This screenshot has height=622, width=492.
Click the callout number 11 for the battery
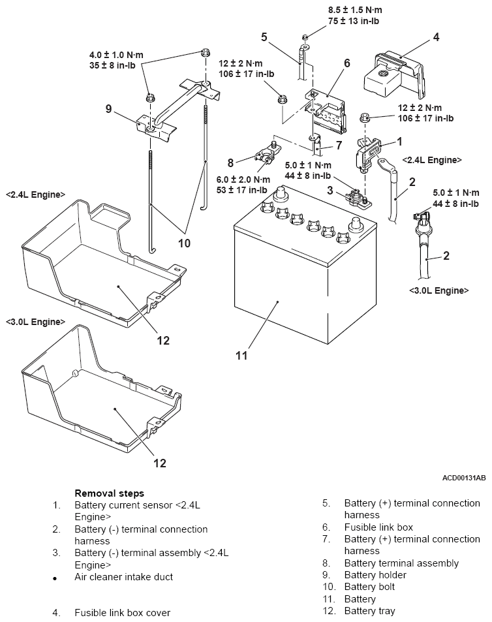[x=241, y=356]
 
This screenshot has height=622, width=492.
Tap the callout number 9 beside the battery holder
[x=108, y=108]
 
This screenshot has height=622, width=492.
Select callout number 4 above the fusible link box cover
[x=436, y=37]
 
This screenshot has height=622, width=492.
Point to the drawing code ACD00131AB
[x=464, y=478]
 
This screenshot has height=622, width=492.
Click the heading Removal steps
[x=110, y=493]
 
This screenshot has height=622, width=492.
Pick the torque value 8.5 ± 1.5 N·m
[x=355, y=10]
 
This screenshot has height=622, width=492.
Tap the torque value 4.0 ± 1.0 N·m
[x=116, y=55]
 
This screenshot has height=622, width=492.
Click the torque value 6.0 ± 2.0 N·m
[x=243, y=179]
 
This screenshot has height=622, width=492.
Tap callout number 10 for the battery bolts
[x=185, y=243]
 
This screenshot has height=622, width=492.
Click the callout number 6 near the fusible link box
[x=347, y=63]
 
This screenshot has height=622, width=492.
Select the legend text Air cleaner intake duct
[x=124, y=577]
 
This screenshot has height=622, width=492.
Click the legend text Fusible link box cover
[x=123, y=612]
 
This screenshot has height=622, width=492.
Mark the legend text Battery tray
[x=369, y=611]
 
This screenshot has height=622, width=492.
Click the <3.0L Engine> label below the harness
[x=439, y=290]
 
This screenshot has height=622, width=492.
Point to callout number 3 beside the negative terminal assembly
[x=330, y=190]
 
